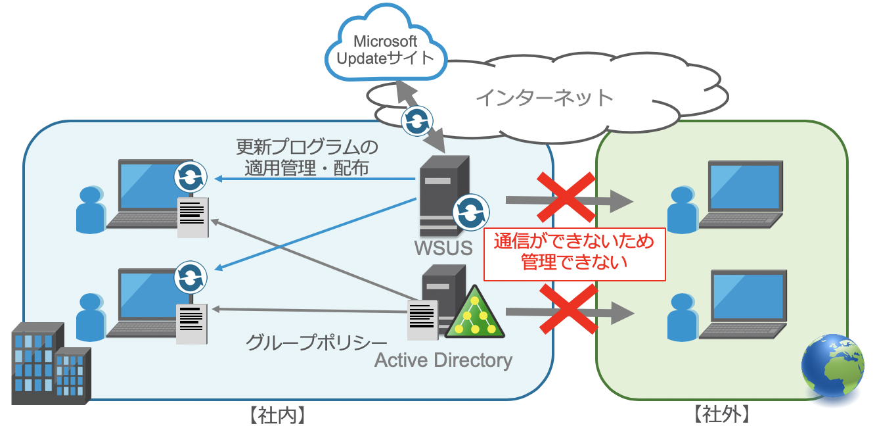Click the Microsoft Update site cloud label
pyautogui.click(x=386, y=50)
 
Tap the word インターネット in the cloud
pyautogui.click(x=544, y=98)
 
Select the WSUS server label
pyautogui.click(x=443, y=248)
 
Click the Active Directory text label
pyautogui.click(x=443, y=360)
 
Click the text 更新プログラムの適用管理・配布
pyautogui.click(x=307, y=156)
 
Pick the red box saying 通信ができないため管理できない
pyautogui.click(x=574, y=253)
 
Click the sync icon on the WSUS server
pyautogui.click(x=471, y=212)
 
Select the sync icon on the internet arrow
pyautogui.click(x=416, y=121)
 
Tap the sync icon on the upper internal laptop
pyautogui.click(x=191, y=177)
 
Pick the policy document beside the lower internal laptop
pyautogui.click(x=192, y=323)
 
